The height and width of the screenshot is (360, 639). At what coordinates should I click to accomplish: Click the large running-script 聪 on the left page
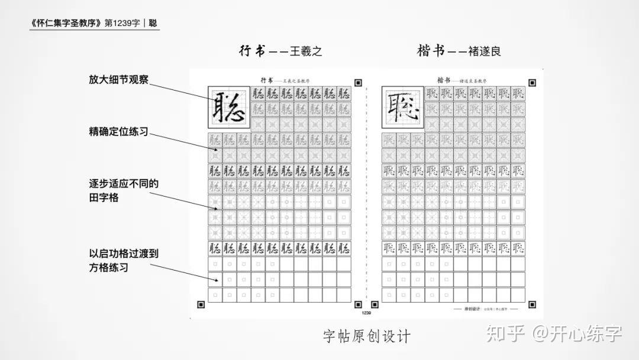pos(228,107)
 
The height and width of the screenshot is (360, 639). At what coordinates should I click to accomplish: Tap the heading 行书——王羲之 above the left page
pos(280,51)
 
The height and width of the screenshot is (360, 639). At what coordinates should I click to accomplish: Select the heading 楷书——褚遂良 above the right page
pos(459,51)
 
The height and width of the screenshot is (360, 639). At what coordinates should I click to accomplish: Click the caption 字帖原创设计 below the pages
pos(366,337)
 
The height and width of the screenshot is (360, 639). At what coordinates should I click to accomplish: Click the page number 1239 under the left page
pos(366,312)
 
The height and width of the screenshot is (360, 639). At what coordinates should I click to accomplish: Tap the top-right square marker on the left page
pos(358,83)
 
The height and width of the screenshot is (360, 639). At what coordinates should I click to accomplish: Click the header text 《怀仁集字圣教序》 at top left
pos(66,24)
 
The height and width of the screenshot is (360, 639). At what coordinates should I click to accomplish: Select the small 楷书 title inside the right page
pos(444,79)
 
